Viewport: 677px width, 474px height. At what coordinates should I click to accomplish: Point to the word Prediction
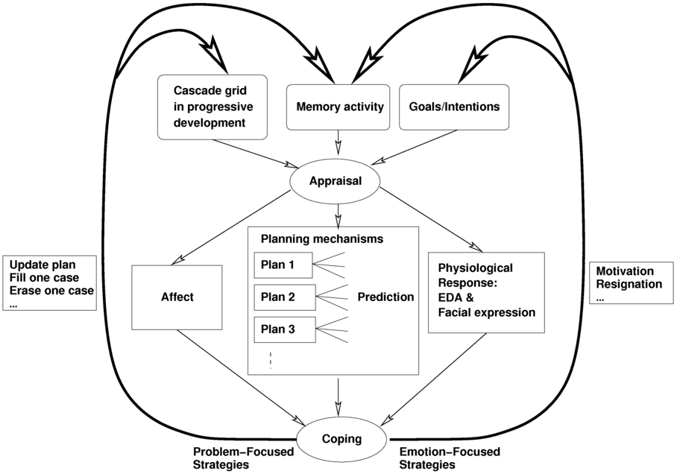click(385, 297)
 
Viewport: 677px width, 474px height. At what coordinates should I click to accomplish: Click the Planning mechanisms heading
click(322, 238)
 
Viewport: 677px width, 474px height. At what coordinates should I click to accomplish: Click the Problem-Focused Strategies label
click(244, 458)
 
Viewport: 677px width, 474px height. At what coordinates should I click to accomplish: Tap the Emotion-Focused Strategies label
click(450, 458)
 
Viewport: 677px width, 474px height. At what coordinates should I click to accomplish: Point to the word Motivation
click(625, 271)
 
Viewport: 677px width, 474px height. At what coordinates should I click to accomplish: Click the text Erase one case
click(51, 291)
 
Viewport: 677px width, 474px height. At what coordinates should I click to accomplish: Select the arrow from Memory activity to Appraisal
click(338, 142)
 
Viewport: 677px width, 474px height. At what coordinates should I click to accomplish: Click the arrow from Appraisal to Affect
click(231, 227)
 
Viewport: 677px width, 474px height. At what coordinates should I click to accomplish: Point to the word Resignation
click(629, 285)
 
